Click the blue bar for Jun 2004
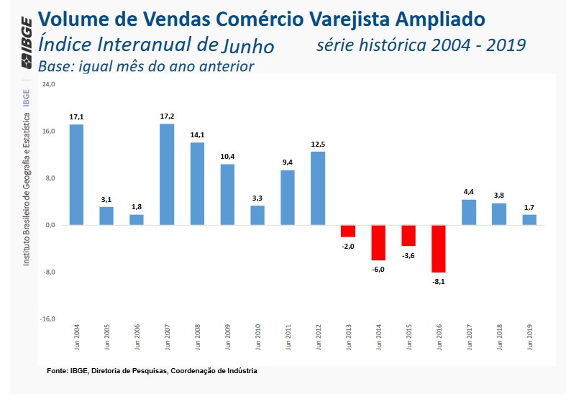pos(76,175)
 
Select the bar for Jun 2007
pos(167,174)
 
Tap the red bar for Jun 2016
pos(439,249)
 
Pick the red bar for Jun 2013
pos(348,231)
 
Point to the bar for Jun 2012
pos(318,188)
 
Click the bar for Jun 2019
pos(529,220)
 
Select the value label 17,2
pos(167,116)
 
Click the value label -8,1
pos(438,282)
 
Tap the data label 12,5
pos(318,144)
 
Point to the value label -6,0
pos(378,269)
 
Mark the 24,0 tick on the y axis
pos(50,85)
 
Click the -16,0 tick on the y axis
pos(48,319)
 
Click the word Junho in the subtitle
pos(248,47)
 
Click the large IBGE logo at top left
pos(27,44)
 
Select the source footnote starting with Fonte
pos(152,371)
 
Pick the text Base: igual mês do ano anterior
pos(146,67)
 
